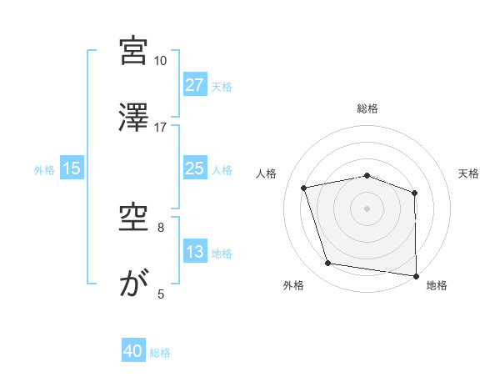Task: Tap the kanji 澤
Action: (133, 118)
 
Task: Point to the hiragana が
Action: (133, 284)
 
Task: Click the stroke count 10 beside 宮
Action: (161, 61)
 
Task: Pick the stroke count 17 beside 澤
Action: (161, 127)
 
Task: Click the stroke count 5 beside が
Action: (161, 294)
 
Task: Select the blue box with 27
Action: (194, 85)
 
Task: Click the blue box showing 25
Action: (194, 168)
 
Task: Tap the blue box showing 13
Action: (194, 252)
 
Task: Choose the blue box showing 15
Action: (72, 168)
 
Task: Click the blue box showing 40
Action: (133, 352)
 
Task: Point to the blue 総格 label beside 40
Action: (160, 353)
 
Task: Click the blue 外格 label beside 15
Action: (44, 169)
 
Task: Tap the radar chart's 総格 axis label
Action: (367, 108)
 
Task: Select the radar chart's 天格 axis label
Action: (469, 173)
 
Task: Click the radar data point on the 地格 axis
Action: (416, 275)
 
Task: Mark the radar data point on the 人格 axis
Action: (304, 188)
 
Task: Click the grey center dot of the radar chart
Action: (367, 208)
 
